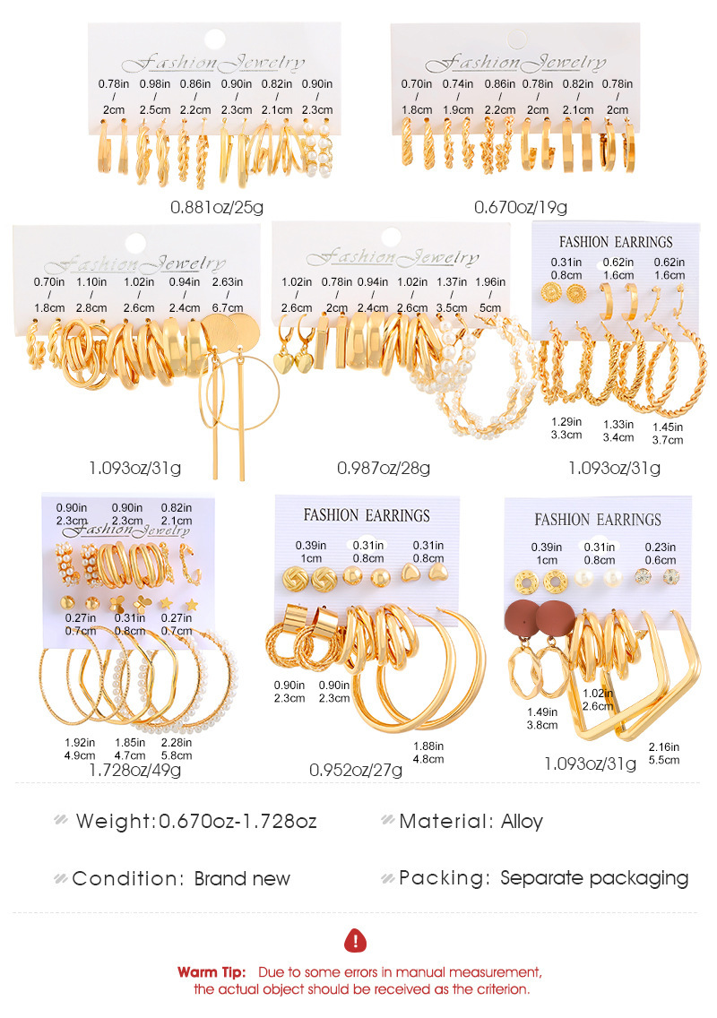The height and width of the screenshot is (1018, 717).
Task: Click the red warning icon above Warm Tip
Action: pos(357,941)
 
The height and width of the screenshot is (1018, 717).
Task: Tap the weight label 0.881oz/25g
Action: pos(217,207)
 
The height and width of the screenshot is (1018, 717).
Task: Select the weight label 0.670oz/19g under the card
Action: pos(521,208)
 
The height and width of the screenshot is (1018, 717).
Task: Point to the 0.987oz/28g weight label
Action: pos(384,468)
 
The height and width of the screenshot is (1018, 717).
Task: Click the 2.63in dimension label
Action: pos(226,281)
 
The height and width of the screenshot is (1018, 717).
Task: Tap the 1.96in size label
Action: pos(490,281)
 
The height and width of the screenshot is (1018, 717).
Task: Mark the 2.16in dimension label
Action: pos(664,747)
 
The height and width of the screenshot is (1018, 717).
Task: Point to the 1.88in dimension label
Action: pos(428,746)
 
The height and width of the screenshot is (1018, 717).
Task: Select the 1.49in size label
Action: pos(541,712)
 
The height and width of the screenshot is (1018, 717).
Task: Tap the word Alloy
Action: pos(522,822)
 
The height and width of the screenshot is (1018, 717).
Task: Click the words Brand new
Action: pos(242,879)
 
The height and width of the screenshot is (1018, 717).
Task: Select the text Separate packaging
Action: pos(594,878)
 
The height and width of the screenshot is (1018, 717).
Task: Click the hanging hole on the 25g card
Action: pos(214,40)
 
